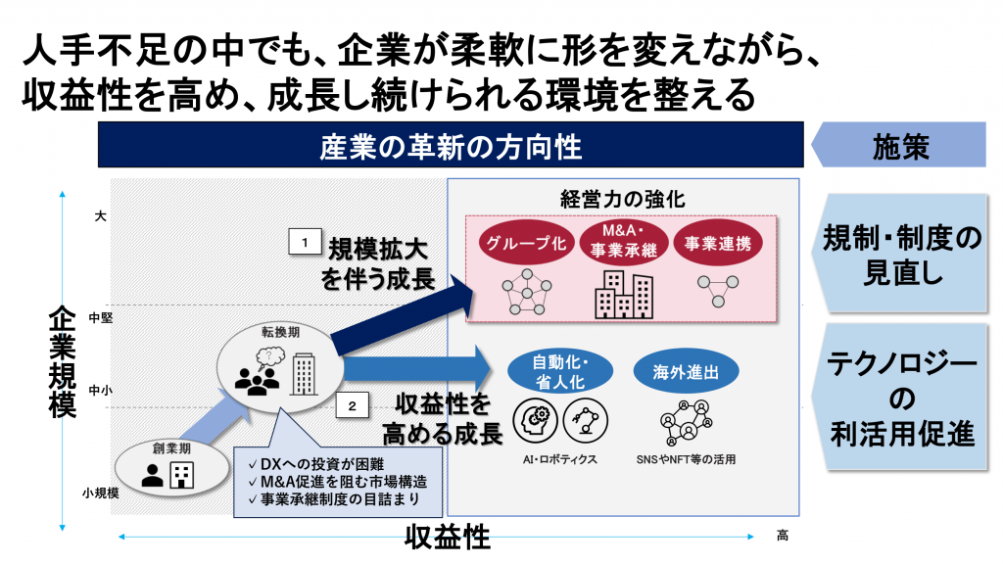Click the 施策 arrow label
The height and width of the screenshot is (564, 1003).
pyautogui.click(x=900, y=148)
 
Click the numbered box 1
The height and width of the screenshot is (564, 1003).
pyautogui.click(x=305, y=240)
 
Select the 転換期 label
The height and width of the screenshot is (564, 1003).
pyautogui.click(x=279, y=333)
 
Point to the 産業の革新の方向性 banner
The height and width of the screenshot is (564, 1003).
pyautogui.click(x=451, y=148)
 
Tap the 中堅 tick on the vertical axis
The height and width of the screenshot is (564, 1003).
pyautogui.click(x=101, y=317)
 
